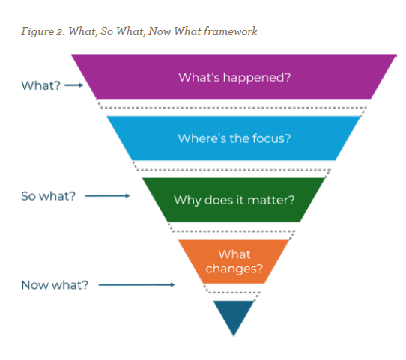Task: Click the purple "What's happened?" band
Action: coord(234,77)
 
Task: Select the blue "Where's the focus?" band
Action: coord(234,138)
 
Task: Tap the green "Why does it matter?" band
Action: coord(234,200)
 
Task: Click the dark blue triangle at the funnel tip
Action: coord(234,315)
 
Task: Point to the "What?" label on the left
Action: coord(40,85)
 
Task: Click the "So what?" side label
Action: coord(47,197)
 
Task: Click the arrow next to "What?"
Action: coord(73,85)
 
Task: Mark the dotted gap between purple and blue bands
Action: coord(234,108)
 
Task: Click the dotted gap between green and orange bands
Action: coord(234,231)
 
